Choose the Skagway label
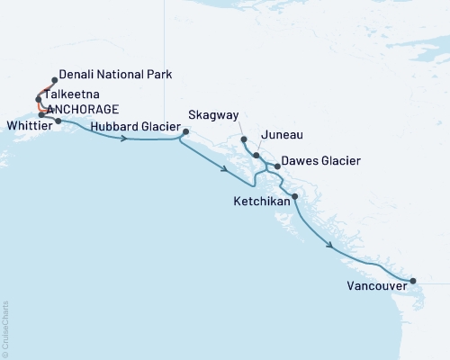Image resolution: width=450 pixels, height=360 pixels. click(214, 116)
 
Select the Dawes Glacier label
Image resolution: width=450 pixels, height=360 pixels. click(321, 161)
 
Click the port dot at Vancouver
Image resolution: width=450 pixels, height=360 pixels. click(412, 281)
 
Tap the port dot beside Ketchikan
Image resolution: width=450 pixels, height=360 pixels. click(296, 196)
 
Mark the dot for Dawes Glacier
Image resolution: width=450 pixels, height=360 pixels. click(276, 166)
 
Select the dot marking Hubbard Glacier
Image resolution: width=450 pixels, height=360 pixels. click(184, 132)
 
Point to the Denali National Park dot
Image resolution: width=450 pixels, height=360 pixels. click(56, 80)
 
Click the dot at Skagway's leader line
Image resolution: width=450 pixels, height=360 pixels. click(244, 139)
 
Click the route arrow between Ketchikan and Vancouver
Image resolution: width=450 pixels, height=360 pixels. click(333, 245)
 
